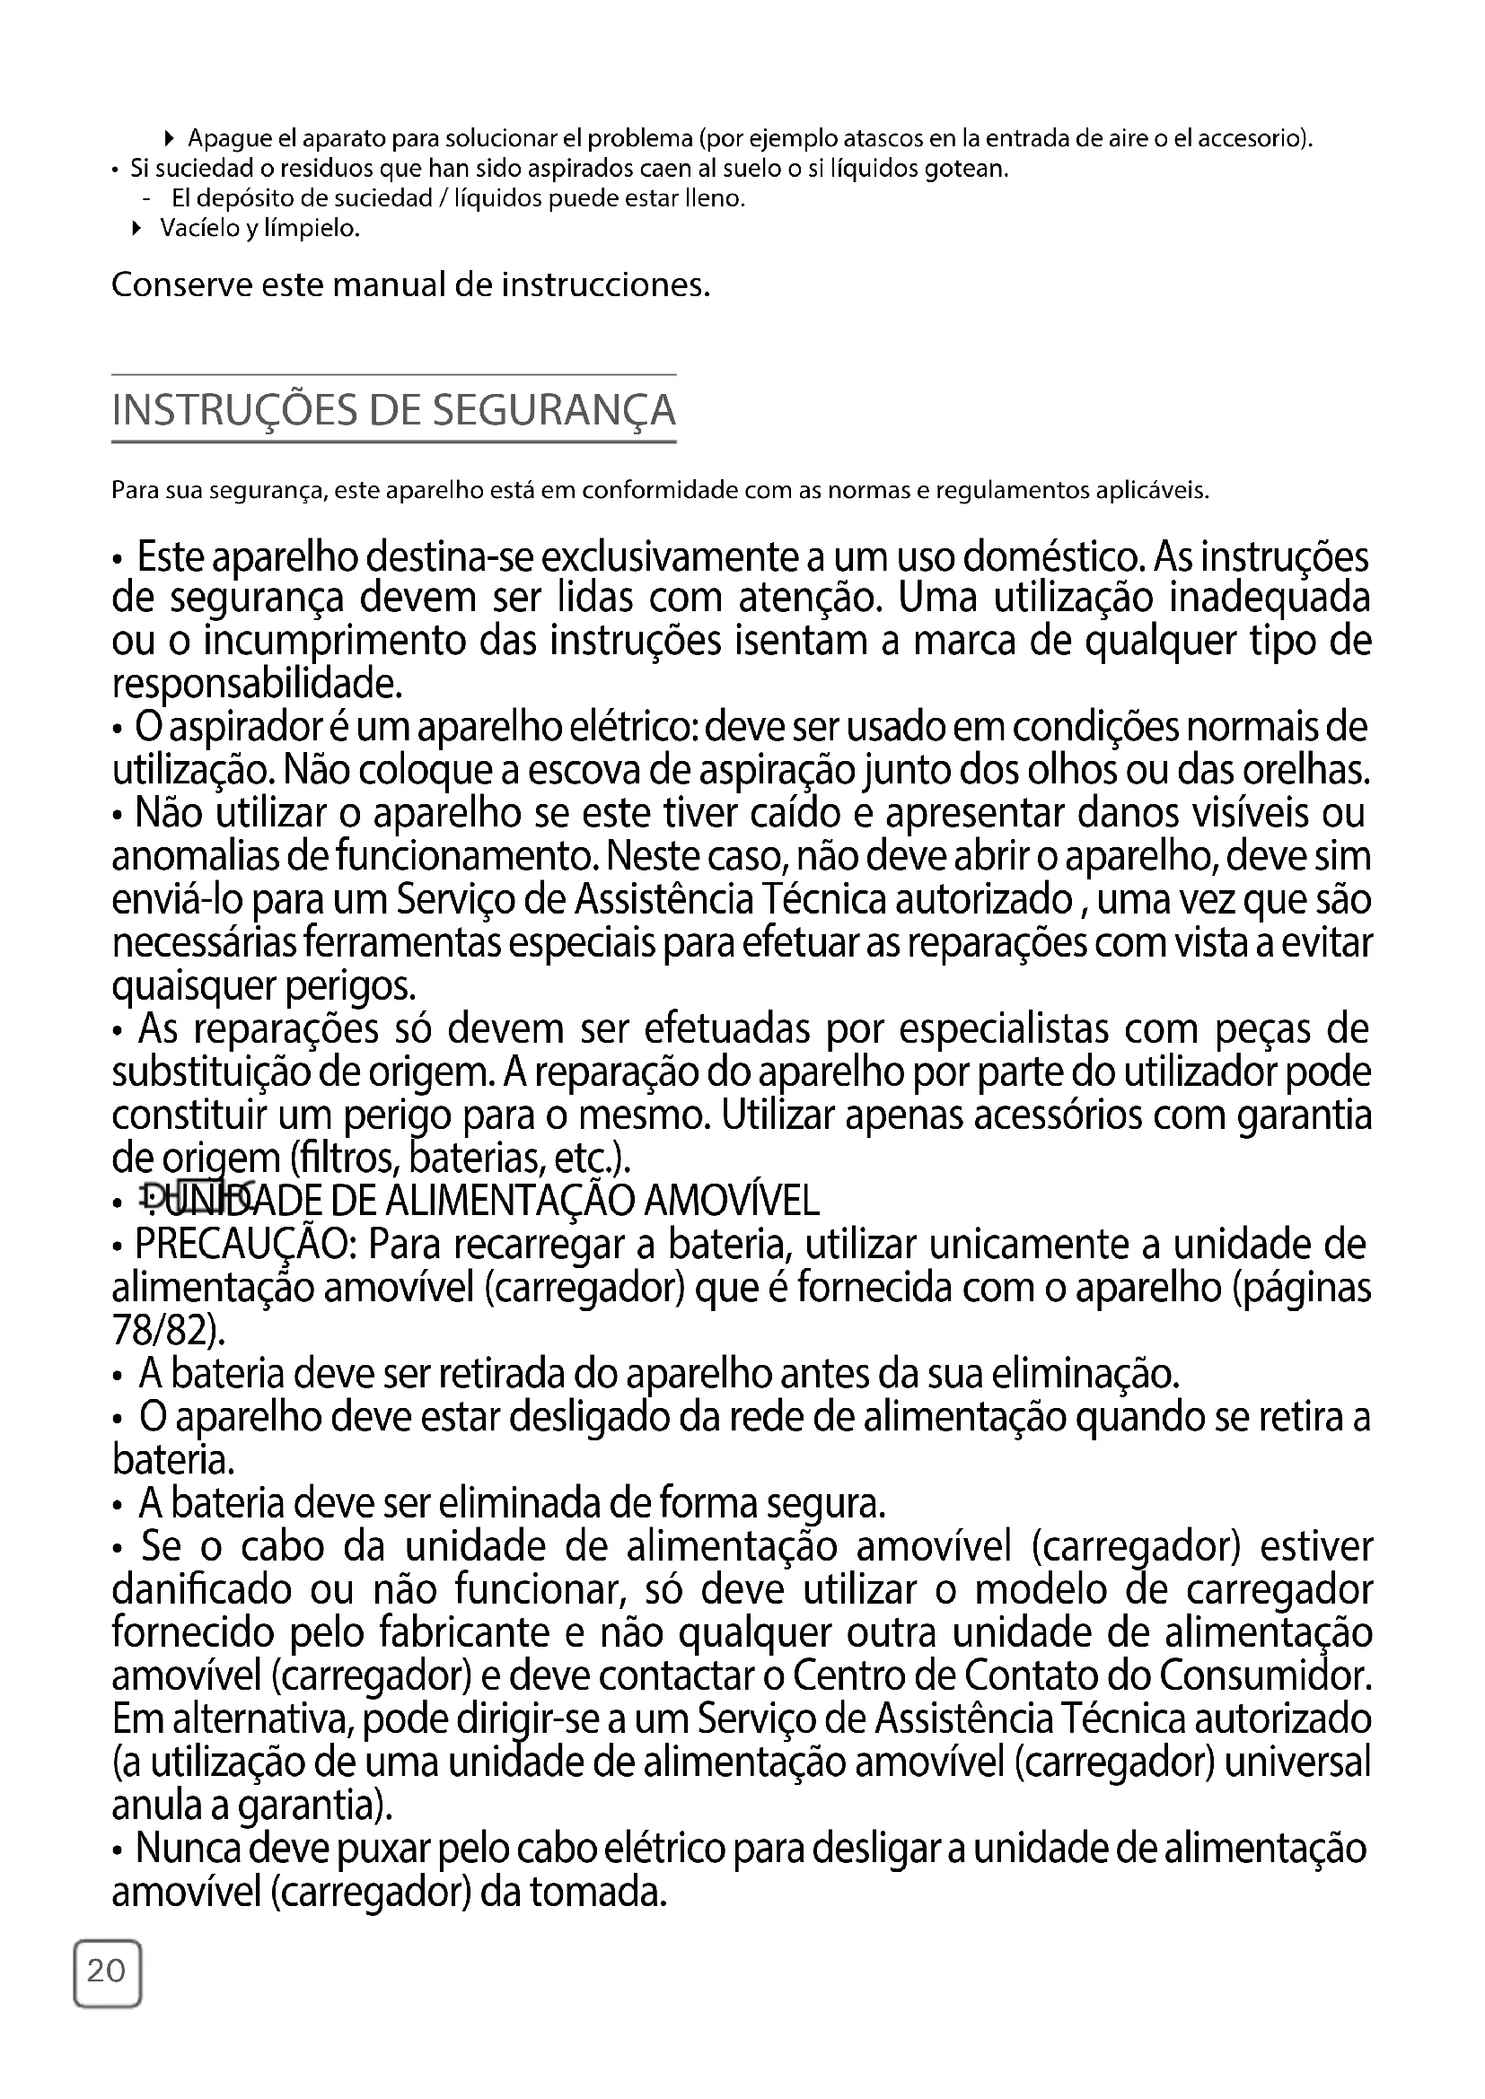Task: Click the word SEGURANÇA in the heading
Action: [553, 409]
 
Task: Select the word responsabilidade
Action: [257, 682]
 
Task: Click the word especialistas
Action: [1003, 1029]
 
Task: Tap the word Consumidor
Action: [1266, 1675]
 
